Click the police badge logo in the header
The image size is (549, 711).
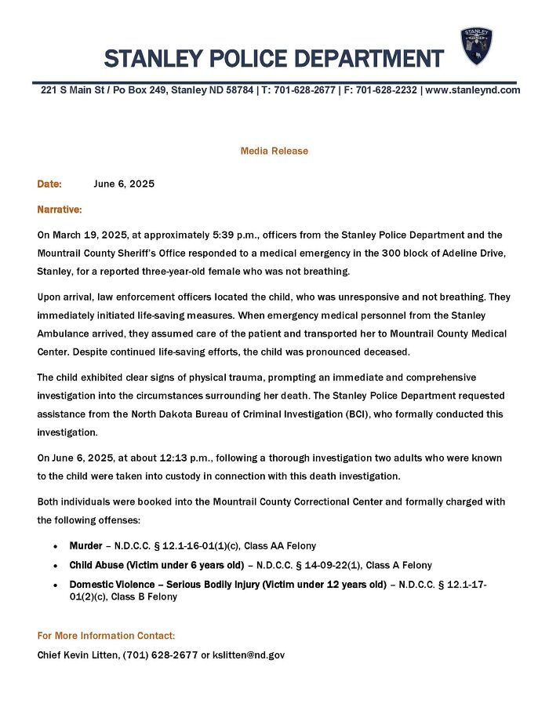point(476,46)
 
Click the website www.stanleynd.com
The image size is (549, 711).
point(472,90)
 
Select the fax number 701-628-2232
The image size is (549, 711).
point(387,90)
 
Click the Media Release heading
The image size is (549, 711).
point(274,151)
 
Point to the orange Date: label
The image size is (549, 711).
point(49,184)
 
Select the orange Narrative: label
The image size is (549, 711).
point(60,210)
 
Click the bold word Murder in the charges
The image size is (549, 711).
point(85,545)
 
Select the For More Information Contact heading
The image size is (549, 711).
point(106,636)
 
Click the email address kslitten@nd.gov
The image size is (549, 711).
point(249,654)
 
